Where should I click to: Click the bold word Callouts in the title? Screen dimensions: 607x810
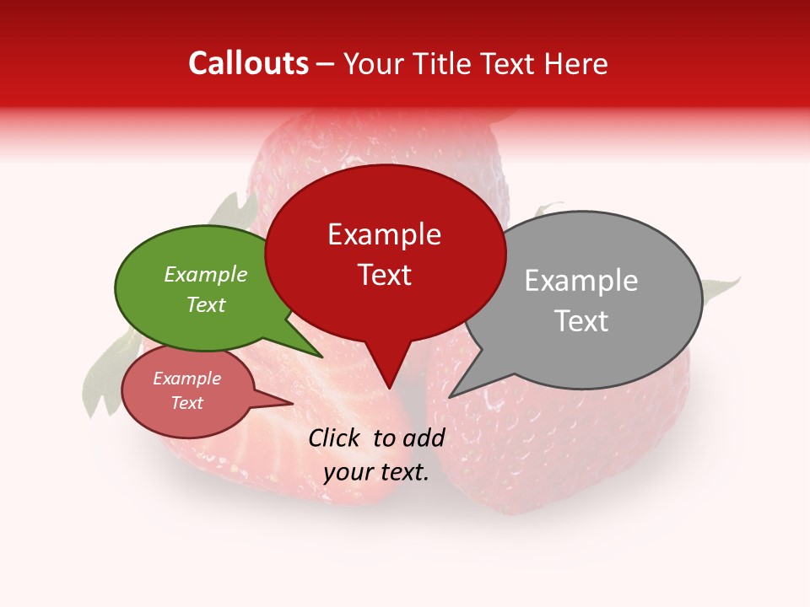click(249, 63)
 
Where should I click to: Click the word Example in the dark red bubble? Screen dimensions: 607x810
click(384, 234)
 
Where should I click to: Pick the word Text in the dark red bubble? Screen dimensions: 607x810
click(385, 275)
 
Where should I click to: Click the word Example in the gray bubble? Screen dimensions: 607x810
click(581, 281)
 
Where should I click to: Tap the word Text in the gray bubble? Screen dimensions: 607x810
click(582, 321)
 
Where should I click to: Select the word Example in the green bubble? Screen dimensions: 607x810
click(206, 274)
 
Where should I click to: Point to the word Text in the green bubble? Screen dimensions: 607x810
click(206, 304)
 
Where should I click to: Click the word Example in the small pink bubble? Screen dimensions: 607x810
click(187, 379)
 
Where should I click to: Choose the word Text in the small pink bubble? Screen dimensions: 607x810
click(187, 403)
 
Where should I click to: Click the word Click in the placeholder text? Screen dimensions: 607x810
click(337, 438)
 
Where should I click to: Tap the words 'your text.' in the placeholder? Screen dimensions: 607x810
click(376, 473)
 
